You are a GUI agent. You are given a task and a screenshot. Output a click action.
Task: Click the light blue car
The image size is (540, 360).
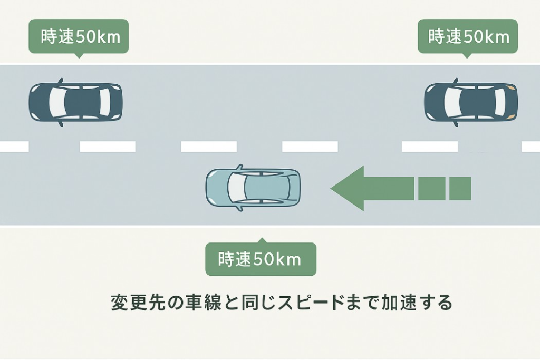click(253, 189)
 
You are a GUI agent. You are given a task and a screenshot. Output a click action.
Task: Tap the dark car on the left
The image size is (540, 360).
click(75, 102)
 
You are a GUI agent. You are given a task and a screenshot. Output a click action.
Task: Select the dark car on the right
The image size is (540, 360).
click(471, 102)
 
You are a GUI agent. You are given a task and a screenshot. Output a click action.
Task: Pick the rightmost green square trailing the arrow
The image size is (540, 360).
click(460, 189)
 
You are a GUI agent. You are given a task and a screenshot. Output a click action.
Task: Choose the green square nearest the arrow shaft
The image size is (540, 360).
click(429, 189)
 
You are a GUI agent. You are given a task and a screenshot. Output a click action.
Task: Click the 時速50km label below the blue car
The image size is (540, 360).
click(260, 259)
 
